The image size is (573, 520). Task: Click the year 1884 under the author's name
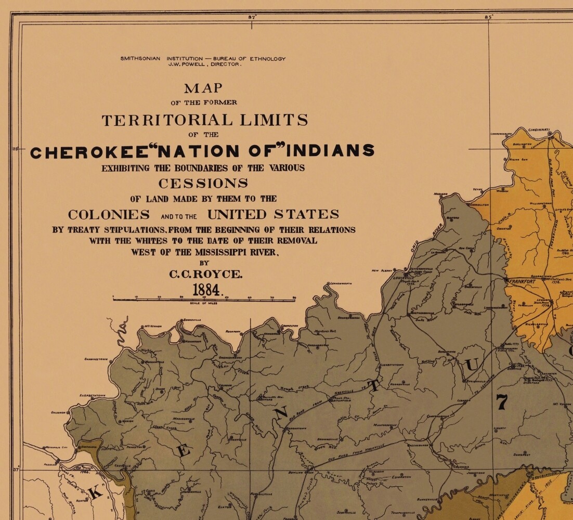(x=207, y=290)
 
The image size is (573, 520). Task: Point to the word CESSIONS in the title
(x=203, y=184)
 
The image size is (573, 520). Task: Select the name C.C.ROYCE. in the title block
(x=206, y=274)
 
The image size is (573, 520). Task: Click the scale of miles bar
(x=204, y=299)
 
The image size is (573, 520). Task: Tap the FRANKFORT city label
(x=523, y=281)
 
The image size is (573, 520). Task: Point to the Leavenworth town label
(x=340, y=283)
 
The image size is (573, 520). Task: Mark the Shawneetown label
(x=97, y=359)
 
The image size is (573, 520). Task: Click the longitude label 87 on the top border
(x=252, y=17)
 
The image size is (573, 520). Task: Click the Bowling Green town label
(x=302, y=473)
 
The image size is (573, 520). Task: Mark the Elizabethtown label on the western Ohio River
(x=93, y=396)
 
